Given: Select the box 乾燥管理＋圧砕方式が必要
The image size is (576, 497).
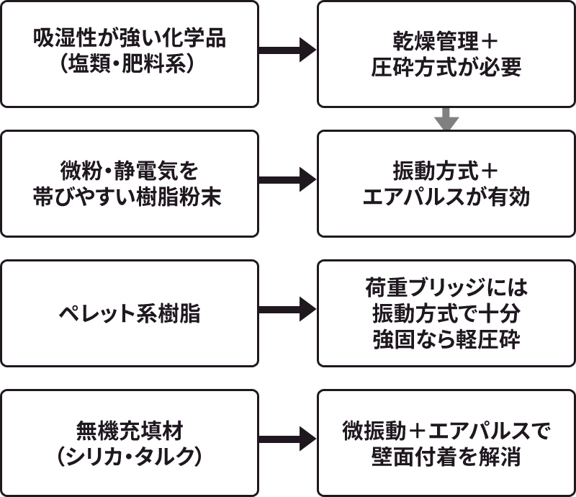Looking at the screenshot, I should [446, 54].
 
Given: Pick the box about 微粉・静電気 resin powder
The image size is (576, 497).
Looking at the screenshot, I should [130, 184].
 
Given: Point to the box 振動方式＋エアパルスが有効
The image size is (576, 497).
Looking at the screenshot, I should [446, 184].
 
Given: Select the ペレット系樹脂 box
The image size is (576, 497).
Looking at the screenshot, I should [130, 314].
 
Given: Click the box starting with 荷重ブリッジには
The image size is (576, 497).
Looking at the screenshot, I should [446, 314].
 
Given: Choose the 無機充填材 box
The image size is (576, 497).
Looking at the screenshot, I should [130, 443].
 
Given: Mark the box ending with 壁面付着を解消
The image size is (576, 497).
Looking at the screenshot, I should [446, 443].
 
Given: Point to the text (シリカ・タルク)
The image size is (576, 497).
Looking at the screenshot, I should [130, 457].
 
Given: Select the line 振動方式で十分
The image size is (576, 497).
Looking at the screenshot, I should [446, 314].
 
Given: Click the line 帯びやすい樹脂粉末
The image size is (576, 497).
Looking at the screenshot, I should [130, 197].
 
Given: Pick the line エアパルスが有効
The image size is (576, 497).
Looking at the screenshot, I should [446, 197].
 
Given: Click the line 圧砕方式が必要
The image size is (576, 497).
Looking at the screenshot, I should [446, 67].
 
